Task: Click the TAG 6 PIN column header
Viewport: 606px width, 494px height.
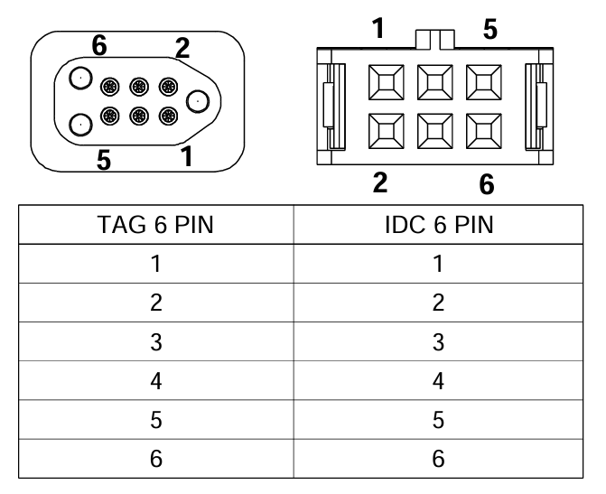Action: pos(155,225)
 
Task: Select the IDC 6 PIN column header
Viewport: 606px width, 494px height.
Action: pos(439,225)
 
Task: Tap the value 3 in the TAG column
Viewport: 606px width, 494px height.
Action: pos(156,342)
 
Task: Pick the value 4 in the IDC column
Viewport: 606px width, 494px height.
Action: pos(438,381)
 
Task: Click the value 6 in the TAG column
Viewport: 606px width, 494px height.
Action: pos(156,459)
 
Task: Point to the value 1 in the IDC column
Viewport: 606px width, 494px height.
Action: pos(438,264)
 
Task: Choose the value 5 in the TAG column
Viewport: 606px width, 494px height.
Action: pos(156,420)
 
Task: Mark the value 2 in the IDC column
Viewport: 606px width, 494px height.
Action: pos(438,303)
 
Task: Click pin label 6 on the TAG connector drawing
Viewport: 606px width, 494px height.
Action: pos(99,46)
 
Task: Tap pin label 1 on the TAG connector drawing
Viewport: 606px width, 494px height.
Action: pos(187,156)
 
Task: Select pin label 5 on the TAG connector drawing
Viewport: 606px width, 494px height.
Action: pos(104,160)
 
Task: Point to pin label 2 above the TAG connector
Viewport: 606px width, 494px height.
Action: pos(182,48)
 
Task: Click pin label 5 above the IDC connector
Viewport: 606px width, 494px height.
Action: pos(490,29)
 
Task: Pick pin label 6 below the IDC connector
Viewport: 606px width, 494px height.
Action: pos(487,184)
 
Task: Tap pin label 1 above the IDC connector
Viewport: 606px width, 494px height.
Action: pos(378,28)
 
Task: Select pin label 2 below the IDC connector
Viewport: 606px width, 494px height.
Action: pos(380,182)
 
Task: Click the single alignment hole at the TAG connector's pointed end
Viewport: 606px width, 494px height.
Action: pos(198,102)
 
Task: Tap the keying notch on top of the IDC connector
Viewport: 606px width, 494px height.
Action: pos(435,40)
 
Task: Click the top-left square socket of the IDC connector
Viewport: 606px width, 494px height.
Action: pos(387,82)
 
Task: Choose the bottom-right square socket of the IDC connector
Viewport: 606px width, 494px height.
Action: pos(484,131)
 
